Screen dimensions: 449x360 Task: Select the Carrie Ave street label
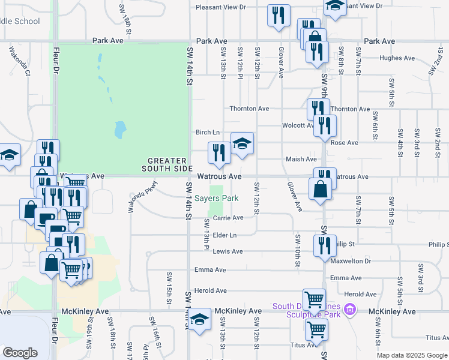[x=229, y=218]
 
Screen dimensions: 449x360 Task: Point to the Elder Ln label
[x=224, y=235]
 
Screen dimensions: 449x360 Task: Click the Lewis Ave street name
[x=228, y=251]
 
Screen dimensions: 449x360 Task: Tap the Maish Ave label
[x=301, y=159]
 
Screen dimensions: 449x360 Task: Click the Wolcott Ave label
[x=298, y=125]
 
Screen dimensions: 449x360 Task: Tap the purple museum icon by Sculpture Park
[x=352, y=310]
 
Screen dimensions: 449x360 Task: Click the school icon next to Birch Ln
[x=242, y=144]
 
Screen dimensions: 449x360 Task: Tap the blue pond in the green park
[x=120, y=128]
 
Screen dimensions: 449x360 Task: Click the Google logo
[x=20, y=352]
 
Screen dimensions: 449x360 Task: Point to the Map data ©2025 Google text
[x=411, y=355]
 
